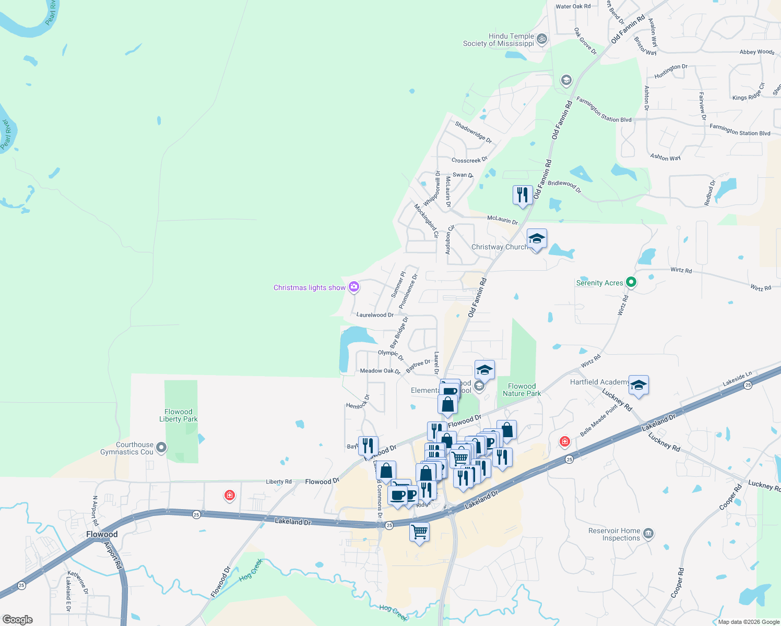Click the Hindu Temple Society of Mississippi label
point(499,40)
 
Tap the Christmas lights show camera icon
point(354,286)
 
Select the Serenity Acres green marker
point(631,282)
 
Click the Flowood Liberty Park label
point(179,415)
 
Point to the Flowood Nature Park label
point(522,390)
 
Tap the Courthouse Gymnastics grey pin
point(161,447)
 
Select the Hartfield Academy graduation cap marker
point(638,386)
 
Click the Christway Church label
point(499,247)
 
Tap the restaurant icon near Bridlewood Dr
point(523,195)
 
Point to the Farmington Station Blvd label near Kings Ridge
point(740,130)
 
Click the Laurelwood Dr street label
point(375,315)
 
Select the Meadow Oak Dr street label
point(380,371)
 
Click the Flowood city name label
point(102,534)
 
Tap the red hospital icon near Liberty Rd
point(229,495)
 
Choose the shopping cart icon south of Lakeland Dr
point(420,532)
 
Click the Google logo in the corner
point(17,620)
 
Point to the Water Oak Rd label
point(573,6)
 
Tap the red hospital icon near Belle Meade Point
point(564,442)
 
